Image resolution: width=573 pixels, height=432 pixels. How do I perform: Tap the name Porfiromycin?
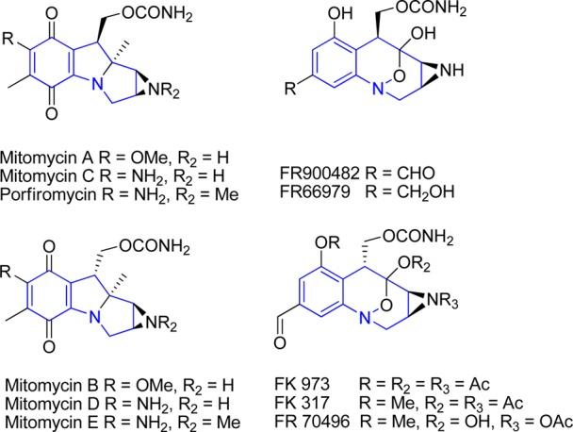(x=42, y=182)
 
